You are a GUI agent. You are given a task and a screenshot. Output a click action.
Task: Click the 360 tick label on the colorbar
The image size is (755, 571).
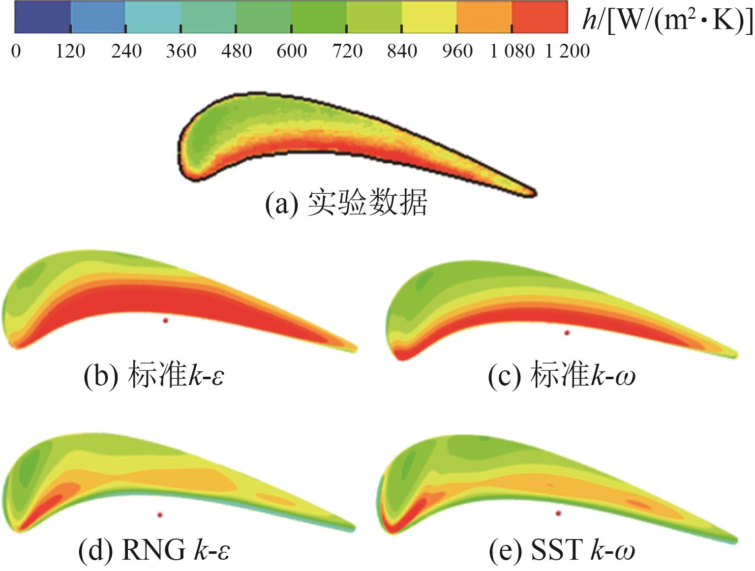click(x=181, y=51)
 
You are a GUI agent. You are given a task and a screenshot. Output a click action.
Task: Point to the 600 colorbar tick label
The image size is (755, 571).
click(x=292, y=51)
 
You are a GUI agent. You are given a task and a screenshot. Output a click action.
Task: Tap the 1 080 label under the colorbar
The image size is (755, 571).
click(x=512, y=51)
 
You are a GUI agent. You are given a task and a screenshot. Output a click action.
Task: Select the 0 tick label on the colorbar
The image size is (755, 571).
click(x=16, y=51)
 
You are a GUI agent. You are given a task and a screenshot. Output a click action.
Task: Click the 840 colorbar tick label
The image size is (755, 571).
click(x=402, y=51)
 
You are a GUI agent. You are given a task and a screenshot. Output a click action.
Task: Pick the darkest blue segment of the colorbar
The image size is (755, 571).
click(x=42, y=17)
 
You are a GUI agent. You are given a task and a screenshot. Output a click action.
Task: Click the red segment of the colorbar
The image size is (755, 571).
click(x=540, y=17)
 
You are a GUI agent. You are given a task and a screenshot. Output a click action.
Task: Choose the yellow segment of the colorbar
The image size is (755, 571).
click(x=429, y=17)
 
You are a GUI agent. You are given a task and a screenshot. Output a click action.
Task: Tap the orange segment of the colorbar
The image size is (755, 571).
click(x=484, y=17)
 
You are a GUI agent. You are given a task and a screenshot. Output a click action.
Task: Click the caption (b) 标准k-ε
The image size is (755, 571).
click(x=154, y=376)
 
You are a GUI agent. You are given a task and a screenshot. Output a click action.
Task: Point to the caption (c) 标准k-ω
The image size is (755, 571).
click(x=561, y=377)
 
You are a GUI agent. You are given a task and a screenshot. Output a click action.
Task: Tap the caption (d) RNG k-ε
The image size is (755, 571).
click(x=154, y=549)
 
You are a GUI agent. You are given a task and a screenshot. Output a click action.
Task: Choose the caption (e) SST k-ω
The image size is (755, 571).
click(x=562, y=550)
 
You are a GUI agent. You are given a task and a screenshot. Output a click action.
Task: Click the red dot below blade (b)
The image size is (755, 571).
click(x=166, y=320)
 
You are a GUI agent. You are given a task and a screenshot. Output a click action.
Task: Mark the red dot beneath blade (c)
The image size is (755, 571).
click(x=567, y=333)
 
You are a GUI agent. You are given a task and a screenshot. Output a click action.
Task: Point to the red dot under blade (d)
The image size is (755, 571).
click(x=160, y=515)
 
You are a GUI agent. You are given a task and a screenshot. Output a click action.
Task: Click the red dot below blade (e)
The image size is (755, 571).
click(x=558, y=513)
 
